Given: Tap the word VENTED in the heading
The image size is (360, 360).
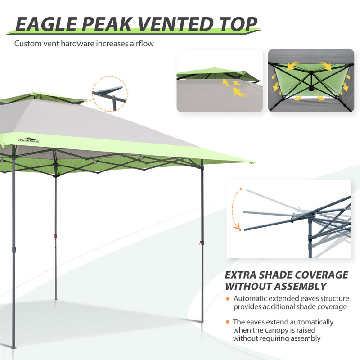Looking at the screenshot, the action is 175,24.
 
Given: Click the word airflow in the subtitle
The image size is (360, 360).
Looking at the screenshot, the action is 142,43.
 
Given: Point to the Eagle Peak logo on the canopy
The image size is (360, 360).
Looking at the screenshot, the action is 29,140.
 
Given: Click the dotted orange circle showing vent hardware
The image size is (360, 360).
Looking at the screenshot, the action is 110,94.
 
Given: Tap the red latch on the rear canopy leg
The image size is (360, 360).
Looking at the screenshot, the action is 55,236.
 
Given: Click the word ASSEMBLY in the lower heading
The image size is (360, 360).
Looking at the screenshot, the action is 300,286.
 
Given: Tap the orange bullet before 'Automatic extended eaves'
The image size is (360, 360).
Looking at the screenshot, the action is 228,299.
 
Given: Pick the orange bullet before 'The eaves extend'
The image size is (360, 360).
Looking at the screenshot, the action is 228,322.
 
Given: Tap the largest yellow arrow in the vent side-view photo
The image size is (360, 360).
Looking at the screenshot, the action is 239,91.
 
